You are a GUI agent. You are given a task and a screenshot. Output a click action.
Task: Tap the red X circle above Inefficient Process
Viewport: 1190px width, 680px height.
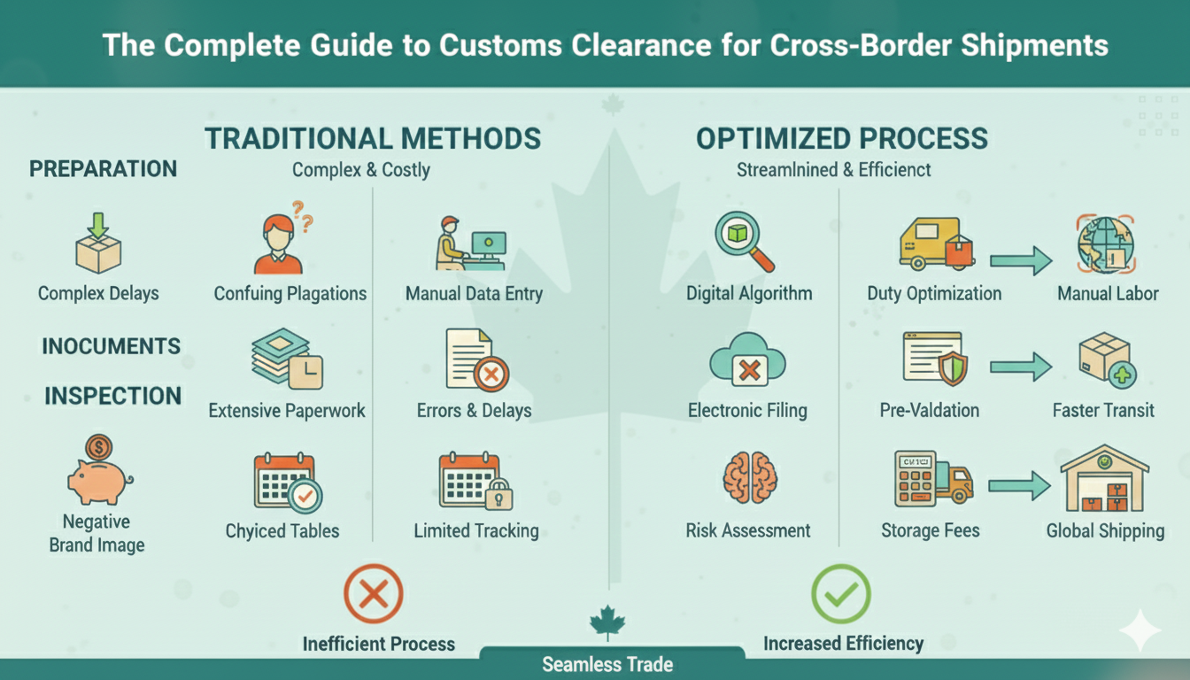[373, 594]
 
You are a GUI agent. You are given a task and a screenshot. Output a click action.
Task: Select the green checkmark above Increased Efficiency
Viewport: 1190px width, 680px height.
[840, 594]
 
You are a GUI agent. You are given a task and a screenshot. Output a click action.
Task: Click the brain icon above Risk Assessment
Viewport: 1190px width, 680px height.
[749, 477]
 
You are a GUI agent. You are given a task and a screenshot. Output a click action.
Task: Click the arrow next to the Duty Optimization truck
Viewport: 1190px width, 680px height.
[1019, 260]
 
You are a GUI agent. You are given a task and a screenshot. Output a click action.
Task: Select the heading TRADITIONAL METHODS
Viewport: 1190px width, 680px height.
[373, 139]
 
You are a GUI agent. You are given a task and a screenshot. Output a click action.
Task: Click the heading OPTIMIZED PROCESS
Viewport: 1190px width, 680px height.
[841, 139]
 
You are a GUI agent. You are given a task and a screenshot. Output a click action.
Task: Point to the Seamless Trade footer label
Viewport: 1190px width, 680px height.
[607, 664]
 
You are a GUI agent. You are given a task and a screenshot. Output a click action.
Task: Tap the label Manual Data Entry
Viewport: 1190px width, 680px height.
[474, 293]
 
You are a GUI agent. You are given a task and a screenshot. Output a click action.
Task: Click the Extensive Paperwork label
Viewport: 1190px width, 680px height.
[287, 411]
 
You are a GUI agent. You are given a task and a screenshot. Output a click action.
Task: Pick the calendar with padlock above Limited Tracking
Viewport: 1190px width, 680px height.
[475, 482]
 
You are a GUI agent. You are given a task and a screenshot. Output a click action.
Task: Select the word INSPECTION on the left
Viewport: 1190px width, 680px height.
[112, 396]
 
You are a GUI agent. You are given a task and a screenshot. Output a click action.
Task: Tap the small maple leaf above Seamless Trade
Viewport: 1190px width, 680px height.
[607, 622]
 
